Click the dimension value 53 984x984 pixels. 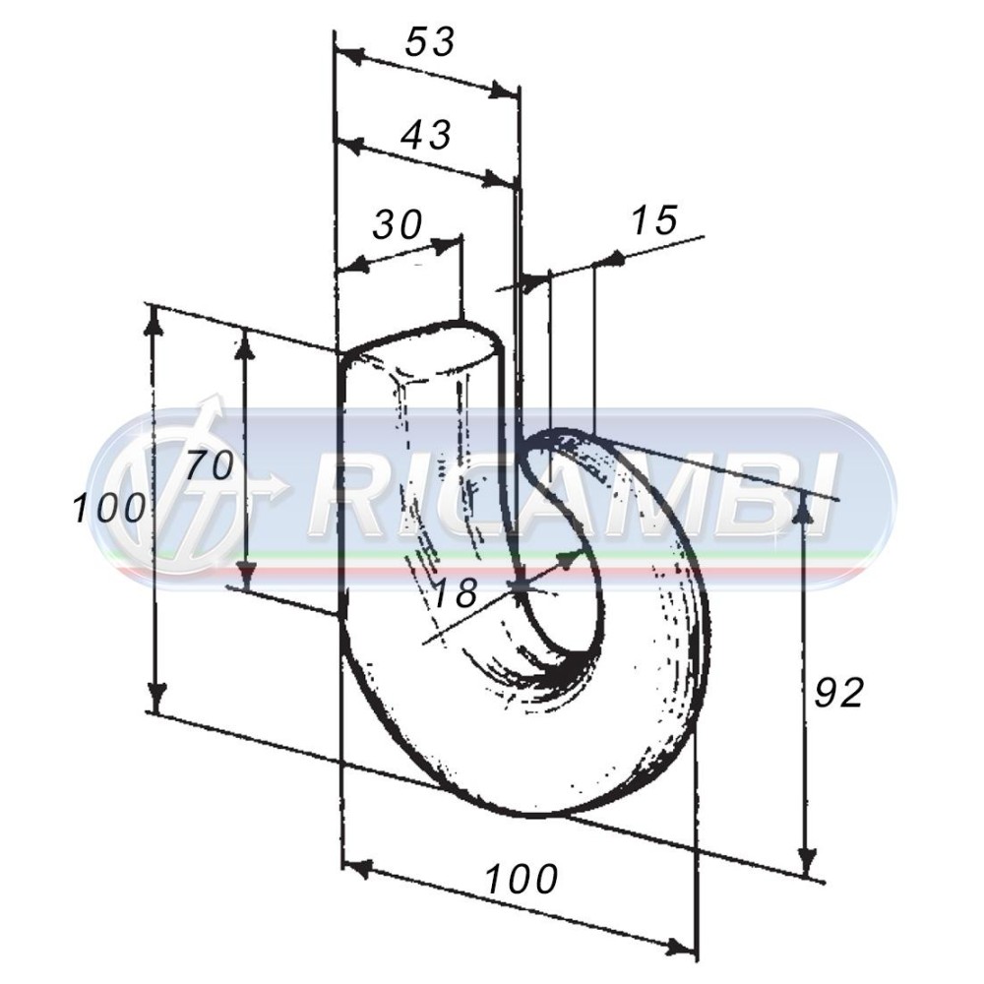(x=429, y=42)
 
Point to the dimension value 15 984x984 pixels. (x=654, y=219)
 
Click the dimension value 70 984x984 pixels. (x=210, y=466)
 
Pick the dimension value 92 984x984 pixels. (x=838, y=693)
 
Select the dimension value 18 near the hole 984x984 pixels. (x=456, y=591)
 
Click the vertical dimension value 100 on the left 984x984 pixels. (x=109, y=508)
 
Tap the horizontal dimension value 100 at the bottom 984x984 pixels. (x=522, y=879)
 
